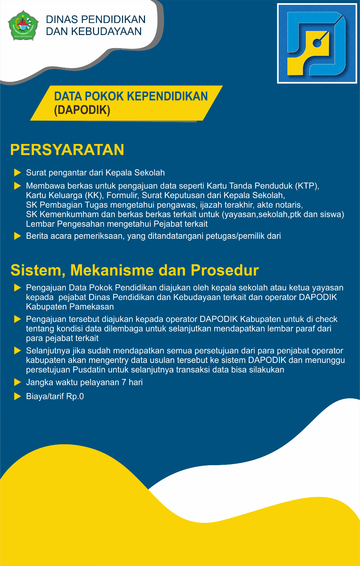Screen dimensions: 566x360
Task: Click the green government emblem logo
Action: (x=23, y=25)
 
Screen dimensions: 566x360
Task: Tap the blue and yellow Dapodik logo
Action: (x=317, y=44)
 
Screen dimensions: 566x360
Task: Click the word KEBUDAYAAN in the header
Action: (x=106, y=31)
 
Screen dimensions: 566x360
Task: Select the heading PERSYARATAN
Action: (x=67, y=150)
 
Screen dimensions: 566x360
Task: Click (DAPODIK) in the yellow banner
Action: (x=82, y=110)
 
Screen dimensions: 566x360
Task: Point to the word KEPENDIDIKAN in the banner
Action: (x=167, y=96)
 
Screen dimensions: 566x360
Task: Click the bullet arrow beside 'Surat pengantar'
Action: (x=17, y=173)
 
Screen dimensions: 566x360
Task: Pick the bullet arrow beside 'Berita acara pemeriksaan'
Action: (x=17, y=236)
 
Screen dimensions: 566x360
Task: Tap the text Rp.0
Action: (x=75, y=397)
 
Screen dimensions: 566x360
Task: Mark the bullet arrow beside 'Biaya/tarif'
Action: (x=17, y=397)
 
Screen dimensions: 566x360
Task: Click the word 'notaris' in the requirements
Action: (x=289, y=205)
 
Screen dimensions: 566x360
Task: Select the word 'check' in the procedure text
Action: (x=326, y=319)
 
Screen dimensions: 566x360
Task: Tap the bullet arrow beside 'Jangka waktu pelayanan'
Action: (x=17, y=382)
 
